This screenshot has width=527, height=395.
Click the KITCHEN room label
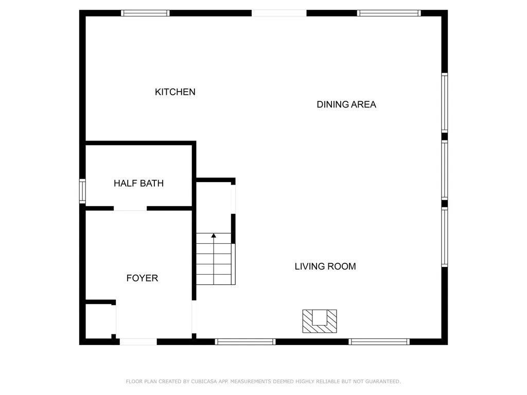(x=175, y=92)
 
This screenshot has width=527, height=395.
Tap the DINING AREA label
(x=346, y=104)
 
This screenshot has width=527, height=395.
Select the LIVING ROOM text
(x=325, y=266)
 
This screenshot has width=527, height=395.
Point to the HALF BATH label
(x=138, y=183)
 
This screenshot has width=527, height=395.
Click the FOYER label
(x=142, y=278)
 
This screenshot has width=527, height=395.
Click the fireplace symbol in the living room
(x=319, y=321)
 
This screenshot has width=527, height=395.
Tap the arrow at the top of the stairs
(x=214, y=236)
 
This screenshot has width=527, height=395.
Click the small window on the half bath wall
(x=82, y=191)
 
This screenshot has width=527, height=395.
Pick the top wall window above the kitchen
(x=145, y=13)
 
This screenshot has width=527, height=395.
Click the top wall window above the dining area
(x=389, y=13)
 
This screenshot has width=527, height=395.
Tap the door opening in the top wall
(x=279, y=13)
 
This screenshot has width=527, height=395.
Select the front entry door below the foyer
(x=138, y=342)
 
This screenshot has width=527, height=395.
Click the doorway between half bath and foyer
(x=130, y=208)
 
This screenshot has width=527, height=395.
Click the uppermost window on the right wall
(x=444, y=103)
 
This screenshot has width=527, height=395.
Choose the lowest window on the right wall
(x=444, y=237)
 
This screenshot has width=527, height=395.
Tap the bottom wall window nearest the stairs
(x=245, y=342)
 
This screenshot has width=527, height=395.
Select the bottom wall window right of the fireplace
(x=379, y=342)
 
